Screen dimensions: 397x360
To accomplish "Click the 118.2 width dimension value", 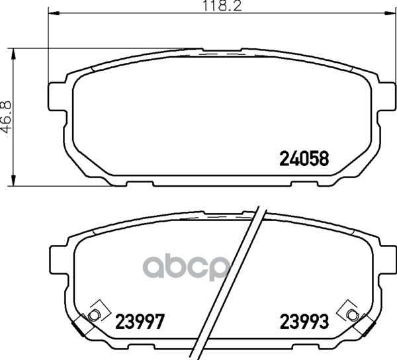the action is (223, 5).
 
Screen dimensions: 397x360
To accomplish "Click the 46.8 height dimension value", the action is (7, 117).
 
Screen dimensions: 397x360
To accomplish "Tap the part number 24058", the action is (304, 158).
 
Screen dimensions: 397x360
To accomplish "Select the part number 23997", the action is (140, 322).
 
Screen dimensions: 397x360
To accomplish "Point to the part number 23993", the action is (304, 322).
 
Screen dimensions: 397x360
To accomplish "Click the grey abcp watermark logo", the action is (187, 268).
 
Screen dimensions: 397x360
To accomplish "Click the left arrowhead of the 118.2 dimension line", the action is (54, 13).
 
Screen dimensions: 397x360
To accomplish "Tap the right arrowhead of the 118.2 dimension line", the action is (390, 13).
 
